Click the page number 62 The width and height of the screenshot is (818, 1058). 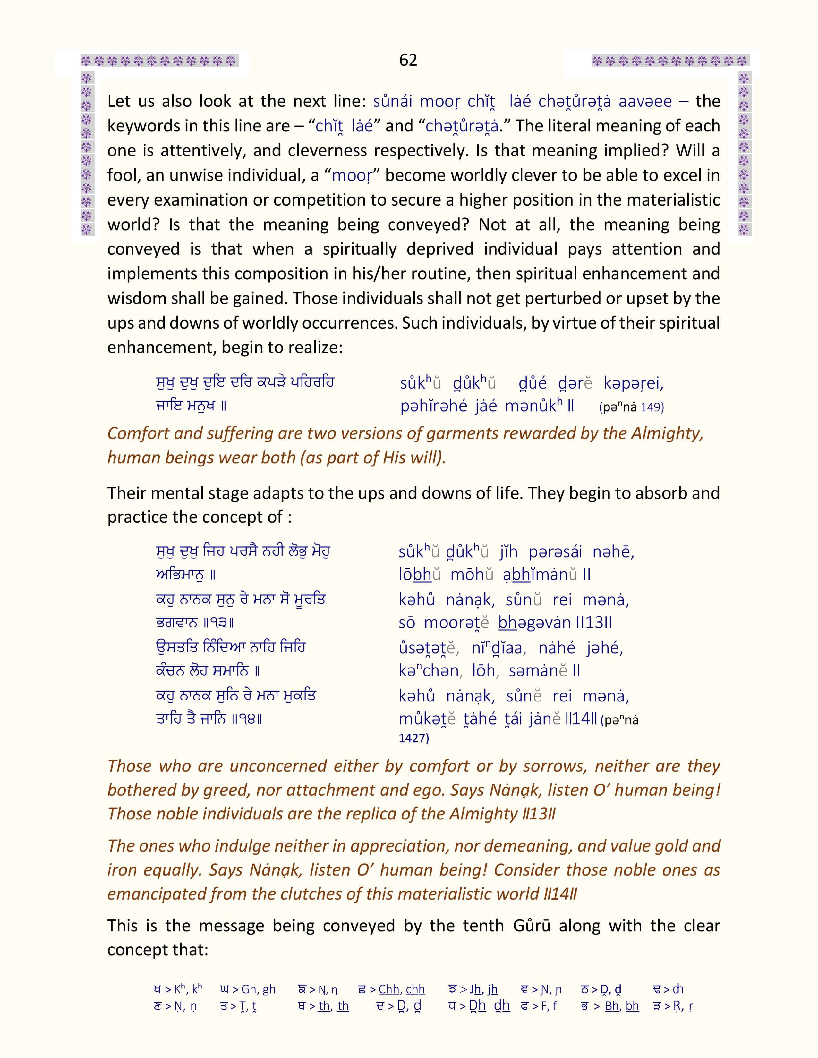(408, 60)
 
